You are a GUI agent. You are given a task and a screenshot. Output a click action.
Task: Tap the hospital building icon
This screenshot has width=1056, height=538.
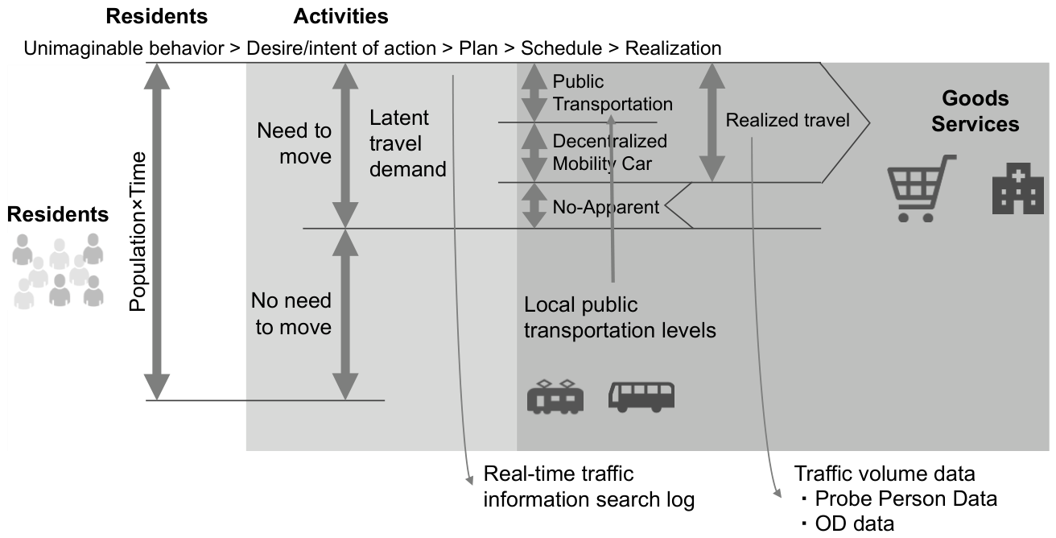click(1018, 188)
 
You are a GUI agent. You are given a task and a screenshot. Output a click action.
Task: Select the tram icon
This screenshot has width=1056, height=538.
click(555, 396)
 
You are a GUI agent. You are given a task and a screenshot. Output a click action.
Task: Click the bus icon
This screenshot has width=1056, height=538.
click(641, 397)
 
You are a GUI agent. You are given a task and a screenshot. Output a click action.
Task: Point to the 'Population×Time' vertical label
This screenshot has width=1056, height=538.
click(138, 231)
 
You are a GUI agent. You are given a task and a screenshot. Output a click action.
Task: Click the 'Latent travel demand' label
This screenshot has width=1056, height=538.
click(408, 143)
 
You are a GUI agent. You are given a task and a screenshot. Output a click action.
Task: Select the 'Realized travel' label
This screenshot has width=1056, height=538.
click(787, 120)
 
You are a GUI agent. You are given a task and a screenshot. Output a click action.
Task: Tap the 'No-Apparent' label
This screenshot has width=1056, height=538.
click(605, 207)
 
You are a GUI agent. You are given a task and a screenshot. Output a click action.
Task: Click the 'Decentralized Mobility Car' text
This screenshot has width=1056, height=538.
click(609, 152)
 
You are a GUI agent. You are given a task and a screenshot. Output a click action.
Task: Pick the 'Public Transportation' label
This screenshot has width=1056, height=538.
click(613, 93)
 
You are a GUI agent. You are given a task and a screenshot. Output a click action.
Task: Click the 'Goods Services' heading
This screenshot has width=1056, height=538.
click(975, 111)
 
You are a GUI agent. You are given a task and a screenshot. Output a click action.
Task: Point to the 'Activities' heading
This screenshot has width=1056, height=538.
click(340, 17)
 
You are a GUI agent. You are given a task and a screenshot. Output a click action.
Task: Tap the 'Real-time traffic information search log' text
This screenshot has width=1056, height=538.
click(589, 486)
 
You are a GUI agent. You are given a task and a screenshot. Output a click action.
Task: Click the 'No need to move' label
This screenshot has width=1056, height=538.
click(291, 313)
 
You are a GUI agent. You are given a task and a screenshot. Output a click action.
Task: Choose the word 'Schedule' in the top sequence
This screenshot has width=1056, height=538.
click(561, 48)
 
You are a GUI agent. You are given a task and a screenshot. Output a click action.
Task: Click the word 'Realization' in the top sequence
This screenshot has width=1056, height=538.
click(673, 48)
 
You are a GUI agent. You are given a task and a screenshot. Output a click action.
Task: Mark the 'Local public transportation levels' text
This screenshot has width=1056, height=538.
click(620, 317)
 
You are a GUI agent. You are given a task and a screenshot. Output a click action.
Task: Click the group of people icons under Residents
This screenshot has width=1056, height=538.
click(57, 271)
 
